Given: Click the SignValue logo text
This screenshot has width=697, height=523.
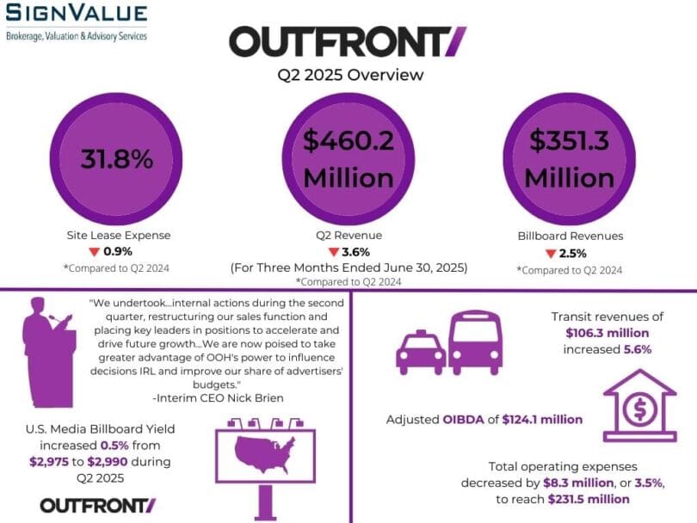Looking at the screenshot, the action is pyautogui.click(x=76, y=12).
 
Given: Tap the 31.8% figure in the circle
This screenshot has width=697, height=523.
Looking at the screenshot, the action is pyautogui.click(x=117, y=158).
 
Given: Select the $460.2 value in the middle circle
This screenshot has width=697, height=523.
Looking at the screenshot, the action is pyautogui.click(x=348, y=140).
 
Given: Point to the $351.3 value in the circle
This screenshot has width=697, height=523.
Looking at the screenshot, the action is pyautogui.click(x=569, y=140).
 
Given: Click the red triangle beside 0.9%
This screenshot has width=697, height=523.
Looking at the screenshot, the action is pyautogui.click(x=94, y=252).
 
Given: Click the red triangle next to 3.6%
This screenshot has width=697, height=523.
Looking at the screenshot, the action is pyautogui.click(x=333, y=252).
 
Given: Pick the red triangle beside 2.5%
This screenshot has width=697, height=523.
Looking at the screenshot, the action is pyautogui.click(x=551, y=254).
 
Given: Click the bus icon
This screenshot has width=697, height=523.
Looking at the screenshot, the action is pyautogui.click(x=475, y=342).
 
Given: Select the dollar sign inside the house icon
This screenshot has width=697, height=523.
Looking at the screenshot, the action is pyautogui.click(x=639, y=409).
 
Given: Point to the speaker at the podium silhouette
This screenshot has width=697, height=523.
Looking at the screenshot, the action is pyautogui.click(x=49, y=352).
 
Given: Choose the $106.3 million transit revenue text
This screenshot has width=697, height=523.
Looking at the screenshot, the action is pyautogui.click(x=608, y=333).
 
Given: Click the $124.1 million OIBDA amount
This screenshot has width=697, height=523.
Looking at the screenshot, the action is pyautogui.click(x=542, y=420).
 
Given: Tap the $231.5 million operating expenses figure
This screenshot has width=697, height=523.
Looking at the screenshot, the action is pyautogui.click(x=589, y=499).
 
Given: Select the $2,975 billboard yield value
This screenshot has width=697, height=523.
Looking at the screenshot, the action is pyautogui.click(x=49, y=462).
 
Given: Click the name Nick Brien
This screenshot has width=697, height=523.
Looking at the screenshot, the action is pyautogui.click(x=256, y=397).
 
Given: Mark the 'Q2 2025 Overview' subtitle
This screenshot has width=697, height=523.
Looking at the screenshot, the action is pyautogui.click(x=350, y=75).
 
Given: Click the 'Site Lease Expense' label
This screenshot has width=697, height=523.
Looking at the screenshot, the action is pyautogui.click(x=119, y=235).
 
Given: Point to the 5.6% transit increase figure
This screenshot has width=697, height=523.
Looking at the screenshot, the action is pyautogui.click(x=638, y=349).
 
